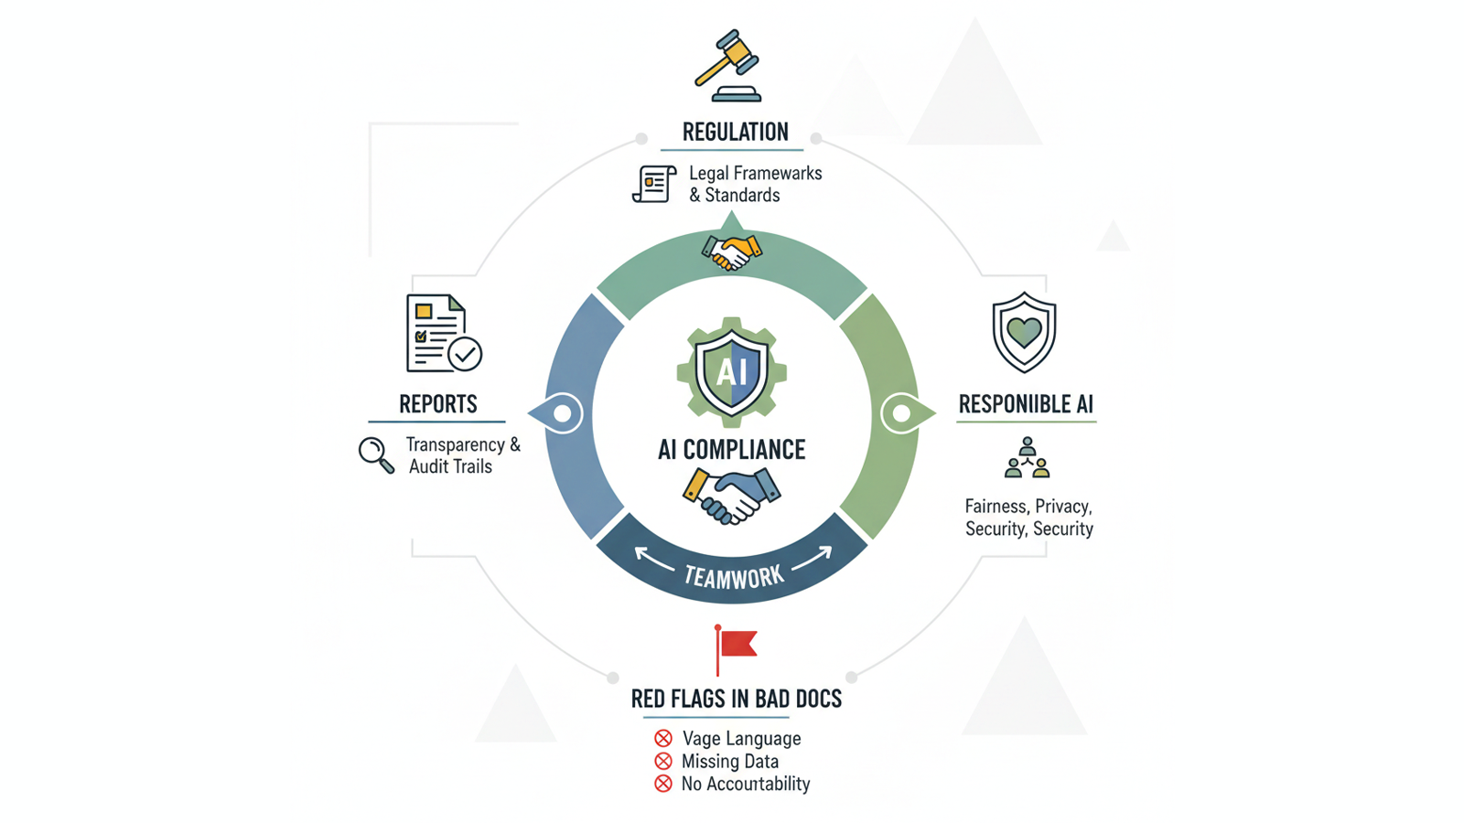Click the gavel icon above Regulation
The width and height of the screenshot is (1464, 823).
[728, 66]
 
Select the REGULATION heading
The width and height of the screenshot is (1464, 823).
[735, 132]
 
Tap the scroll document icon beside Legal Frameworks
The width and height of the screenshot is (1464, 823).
[654, 184]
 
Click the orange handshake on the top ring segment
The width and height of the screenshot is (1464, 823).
[731, 251]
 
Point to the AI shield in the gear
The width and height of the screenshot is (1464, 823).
[731, 371]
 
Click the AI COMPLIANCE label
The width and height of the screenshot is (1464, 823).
[731, 450]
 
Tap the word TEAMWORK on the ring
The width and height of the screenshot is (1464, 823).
[733, 576]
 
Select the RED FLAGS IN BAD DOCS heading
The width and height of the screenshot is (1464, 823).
[736, 700]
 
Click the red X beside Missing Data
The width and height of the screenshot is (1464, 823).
[663, 761]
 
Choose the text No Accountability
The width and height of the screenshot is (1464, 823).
[745, 784]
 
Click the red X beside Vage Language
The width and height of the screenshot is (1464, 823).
[663, 738]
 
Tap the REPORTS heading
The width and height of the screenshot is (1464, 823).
[437, 404]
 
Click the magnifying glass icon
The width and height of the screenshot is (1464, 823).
[375, 454]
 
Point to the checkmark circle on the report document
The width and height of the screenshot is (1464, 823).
[465, 353]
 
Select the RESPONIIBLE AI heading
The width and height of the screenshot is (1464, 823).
[1026, 404]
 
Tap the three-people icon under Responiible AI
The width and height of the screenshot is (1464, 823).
[1027, 458]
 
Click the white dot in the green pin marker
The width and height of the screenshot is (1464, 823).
[901, 414]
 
